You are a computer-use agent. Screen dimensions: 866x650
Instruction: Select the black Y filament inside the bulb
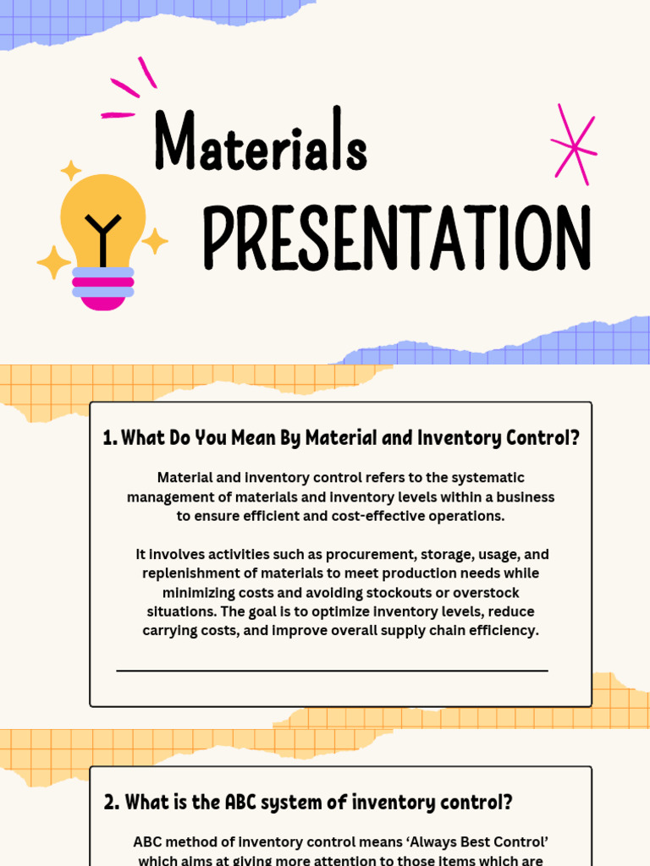point(102,236)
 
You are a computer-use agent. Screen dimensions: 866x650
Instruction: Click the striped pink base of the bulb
point(102,287)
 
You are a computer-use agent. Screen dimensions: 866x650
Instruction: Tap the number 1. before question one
point(110,438)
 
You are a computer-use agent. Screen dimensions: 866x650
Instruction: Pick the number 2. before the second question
point(112,802)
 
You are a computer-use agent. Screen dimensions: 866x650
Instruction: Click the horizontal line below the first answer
point(332,671)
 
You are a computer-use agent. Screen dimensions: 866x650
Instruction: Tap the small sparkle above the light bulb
point(70,170)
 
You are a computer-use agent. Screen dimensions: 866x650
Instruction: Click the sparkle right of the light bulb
point(155,241)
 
